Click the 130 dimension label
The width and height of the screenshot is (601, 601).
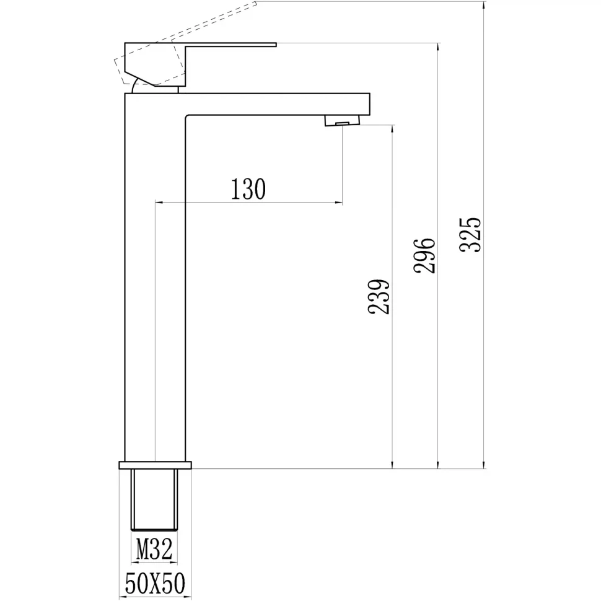(248, 190)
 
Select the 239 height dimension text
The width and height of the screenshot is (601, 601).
(379, 297)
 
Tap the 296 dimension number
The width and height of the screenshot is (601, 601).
(424, 255)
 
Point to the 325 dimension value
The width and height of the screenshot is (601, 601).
(470, 234)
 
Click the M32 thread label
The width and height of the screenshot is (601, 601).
(154, 549)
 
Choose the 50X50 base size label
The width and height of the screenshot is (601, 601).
(155, 584)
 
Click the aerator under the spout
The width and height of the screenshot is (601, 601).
(342, 120)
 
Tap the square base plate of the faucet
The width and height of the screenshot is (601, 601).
(155, 465)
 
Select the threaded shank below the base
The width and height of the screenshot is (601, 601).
(154, 500)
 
